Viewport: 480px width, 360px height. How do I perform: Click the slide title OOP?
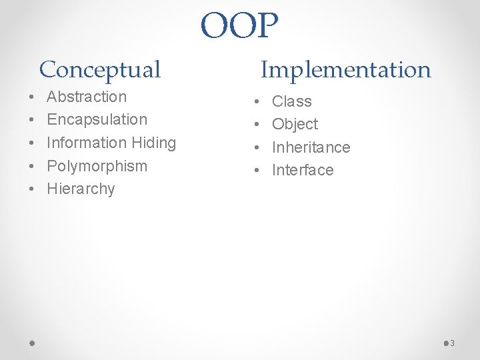coord(239,26)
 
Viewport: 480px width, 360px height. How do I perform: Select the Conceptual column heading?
coord(100,69)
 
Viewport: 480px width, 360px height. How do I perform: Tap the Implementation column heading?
coord(345,69)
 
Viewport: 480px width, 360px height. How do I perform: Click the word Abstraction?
coord(87,97)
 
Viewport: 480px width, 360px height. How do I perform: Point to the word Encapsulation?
coord(97,119)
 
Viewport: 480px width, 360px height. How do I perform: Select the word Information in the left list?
coord(76,143)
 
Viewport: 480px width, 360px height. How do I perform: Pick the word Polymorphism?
coord(97,165)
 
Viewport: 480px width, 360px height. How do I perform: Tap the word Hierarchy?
coord(81,189)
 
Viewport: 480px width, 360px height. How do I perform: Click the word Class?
coord(292,101)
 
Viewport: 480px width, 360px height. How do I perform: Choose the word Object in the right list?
coord(295,124)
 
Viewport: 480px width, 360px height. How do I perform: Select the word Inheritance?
coord(311,147)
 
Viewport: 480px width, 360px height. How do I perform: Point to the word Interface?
coord(303,170)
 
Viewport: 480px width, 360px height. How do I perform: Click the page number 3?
coord(452,343)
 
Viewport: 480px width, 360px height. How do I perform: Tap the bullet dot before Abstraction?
coord(32,97)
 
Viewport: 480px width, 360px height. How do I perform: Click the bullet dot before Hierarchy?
coord(32,189)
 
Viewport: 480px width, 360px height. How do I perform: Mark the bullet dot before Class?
coord(257,102)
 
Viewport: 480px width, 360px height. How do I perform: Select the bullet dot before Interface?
coord(257,171)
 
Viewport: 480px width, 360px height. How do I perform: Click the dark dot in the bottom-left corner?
coord(33,343)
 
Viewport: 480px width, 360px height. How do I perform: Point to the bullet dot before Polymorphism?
coord(32,166)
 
